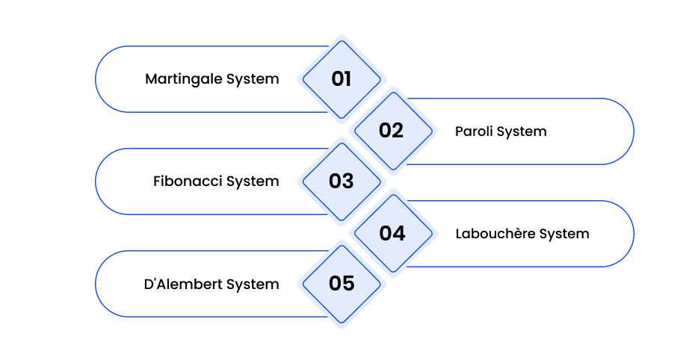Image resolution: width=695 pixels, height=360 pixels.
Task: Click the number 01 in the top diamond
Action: (x=341, y=79)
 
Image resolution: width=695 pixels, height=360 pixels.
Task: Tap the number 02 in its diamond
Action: (x=391, y=131)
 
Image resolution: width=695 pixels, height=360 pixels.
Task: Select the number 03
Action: (x=341, y=181)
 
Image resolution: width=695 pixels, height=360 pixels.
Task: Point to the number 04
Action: (x=392, y=233)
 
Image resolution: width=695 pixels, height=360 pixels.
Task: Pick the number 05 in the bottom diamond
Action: (x=342, y=283)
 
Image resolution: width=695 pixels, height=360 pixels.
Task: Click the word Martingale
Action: (x=184, y=79)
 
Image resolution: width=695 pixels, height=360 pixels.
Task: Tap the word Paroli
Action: (x=474, y=131)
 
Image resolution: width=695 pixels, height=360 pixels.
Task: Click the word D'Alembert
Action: (x=182, y=284)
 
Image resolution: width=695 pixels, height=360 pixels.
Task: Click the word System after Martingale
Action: (x=253, y=80)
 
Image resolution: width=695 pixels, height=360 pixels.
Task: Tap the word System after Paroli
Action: (x=522, y=132)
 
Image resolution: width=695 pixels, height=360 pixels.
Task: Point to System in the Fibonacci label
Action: (x=253, y=182)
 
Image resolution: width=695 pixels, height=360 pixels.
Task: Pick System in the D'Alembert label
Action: (x=253, y=285)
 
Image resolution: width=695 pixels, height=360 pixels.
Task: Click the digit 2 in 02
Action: (x=398, y=131)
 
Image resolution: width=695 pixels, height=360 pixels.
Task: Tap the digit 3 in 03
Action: (x=348, y=181)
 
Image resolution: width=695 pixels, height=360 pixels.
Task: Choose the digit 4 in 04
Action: (x=399, y=233)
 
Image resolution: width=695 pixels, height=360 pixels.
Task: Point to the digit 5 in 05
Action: (x=348, y=283)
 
